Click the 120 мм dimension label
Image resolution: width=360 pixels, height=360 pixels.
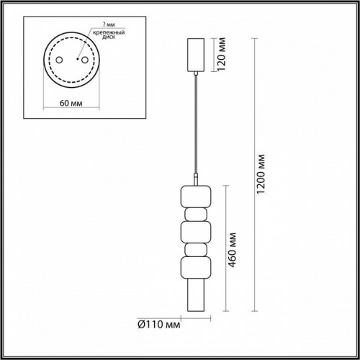click(222, 54)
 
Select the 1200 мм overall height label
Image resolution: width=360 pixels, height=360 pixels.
click(261, 174)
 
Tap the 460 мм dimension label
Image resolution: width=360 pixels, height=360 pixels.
click(232, 250)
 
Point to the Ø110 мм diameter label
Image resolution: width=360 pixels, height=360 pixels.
click(158, 325)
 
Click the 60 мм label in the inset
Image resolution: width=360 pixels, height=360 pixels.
click(71, 103)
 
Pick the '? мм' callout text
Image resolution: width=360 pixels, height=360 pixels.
click(109, 24)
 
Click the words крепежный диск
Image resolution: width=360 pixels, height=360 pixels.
click(109, 35)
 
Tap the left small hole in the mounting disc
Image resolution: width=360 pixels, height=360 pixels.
click(59, 60)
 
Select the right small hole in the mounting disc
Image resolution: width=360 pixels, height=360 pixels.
click(84, 60)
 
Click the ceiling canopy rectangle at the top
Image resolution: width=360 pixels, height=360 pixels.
click(196, 55)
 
